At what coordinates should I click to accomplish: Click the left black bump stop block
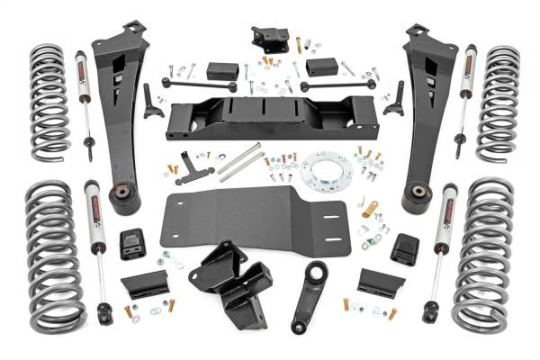(x=132, y=244)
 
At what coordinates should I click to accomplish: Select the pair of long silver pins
(x=239, y=162)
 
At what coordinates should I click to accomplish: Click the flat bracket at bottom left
(x=144, y=283)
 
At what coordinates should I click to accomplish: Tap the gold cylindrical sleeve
(x=369, y=210)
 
